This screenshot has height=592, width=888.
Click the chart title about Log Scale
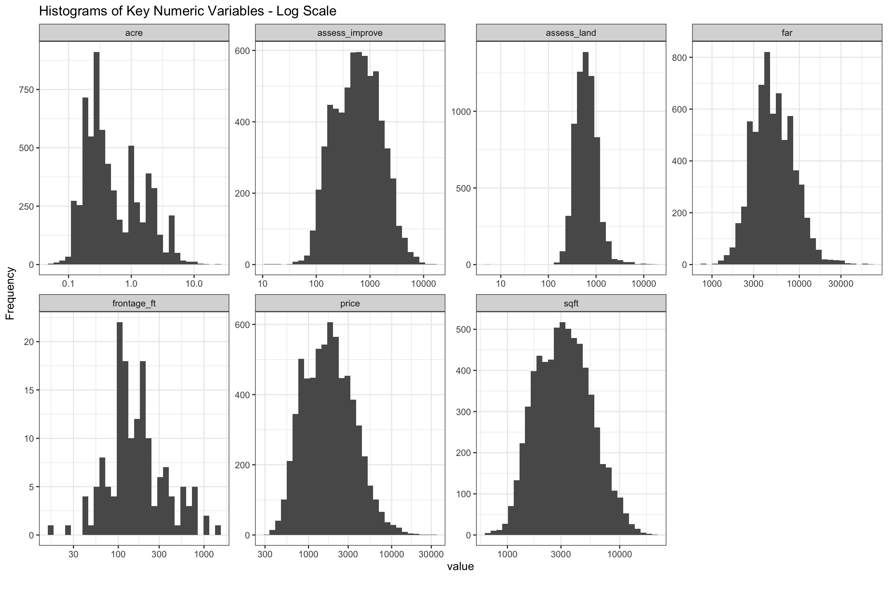point(188,12)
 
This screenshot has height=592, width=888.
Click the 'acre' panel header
point(134,33)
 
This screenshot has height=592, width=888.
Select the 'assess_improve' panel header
point(350,33)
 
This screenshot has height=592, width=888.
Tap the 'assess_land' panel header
point(571,33)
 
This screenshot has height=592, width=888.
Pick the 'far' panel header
point(787,33)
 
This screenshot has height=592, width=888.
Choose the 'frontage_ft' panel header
point(134,304)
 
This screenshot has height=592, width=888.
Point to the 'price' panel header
point(350,304)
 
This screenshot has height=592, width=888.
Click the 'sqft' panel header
point(571,304)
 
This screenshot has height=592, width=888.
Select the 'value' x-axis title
point(460,567)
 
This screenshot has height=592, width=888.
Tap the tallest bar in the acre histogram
point(96,158)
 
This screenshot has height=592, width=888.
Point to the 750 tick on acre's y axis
point(27,90)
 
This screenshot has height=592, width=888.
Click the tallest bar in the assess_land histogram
point(585,158)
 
